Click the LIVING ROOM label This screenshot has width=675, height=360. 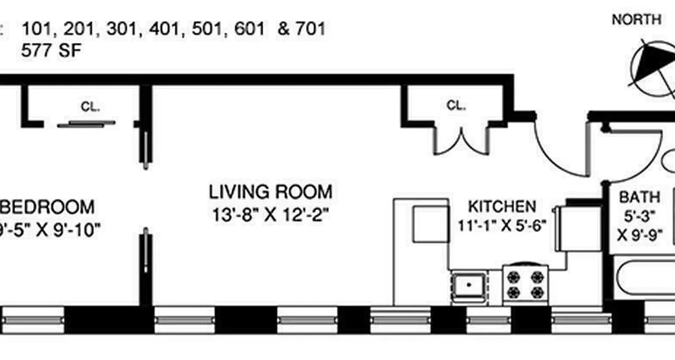pos(270,192)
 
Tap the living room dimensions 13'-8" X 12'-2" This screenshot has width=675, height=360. pos(270,214)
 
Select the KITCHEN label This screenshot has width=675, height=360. pos(502,207)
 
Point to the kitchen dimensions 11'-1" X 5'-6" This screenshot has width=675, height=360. pos(502,225)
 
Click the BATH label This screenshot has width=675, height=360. pos(639,197)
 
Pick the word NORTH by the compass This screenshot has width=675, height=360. pos(636,20)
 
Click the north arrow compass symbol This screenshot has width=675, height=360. pos(652,67)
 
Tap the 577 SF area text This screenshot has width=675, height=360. pos(51,50)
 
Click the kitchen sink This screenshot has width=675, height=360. pos(469,285)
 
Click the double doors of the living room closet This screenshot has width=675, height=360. pos(461,142)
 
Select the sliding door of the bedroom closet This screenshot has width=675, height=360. pos(86,124)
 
